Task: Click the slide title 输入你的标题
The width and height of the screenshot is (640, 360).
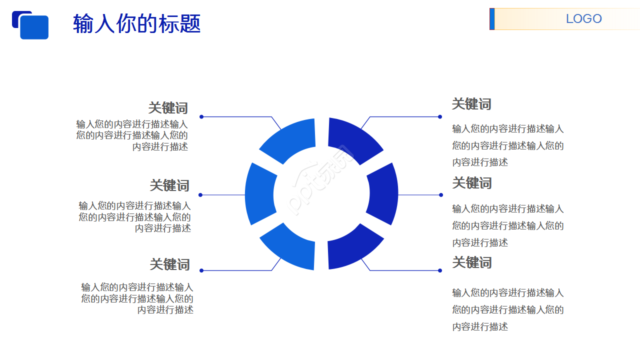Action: point(136,23)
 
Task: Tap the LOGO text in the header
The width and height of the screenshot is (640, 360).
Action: point(583,19)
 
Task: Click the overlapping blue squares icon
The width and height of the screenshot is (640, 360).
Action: point(30,25)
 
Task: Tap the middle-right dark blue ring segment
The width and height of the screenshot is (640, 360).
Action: point(383,194)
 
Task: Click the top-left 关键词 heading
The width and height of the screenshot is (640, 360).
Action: point(168,108)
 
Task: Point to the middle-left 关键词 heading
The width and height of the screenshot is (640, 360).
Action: point(169,185)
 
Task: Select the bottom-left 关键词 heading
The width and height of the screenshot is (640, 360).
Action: point(169,264)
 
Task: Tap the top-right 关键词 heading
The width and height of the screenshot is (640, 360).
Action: point(471,104)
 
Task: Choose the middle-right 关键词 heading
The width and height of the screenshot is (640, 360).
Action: point(472,183)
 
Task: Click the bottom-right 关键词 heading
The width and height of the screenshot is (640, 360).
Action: point(472,262)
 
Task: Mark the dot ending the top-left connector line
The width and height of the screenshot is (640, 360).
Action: point(201,117)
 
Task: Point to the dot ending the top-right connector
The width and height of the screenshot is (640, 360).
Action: point(440,117)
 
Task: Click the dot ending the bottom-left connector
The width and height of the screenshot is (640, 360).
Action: point(201,270)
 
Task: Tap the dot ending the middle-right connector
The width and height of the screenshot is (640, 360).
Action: point(441,195)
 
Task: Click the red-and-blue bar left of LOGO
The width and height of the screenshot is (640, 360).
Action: point(492,19)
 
